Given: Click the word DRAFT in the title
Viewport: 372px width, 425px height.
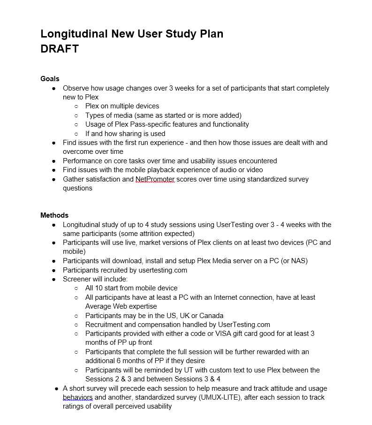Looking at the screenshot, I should [60, 49].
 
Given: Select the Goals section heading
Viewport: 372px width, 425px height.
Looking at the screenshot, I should [50, 79].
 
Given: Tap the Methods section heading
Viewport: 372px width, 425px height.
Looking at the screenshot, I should [54, 215].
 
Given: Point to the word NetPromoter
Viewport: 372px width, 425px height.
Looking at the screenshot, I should [155, 179].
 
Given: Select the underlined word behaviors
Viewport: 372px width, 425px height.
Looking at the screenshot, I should [78, 397].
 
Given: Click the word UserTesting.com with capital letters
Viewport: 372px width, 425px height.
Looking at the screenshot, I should [244, 325].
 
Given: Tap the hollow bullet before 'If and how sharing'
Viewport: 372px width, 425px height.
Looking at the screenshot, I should [76, 134].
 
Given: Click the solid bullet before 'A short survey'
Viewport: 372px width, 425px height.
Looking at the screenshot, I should [57, 388].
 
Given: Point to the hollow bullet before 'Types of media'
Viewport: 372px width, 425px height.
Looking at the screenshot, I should [76, 115].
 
